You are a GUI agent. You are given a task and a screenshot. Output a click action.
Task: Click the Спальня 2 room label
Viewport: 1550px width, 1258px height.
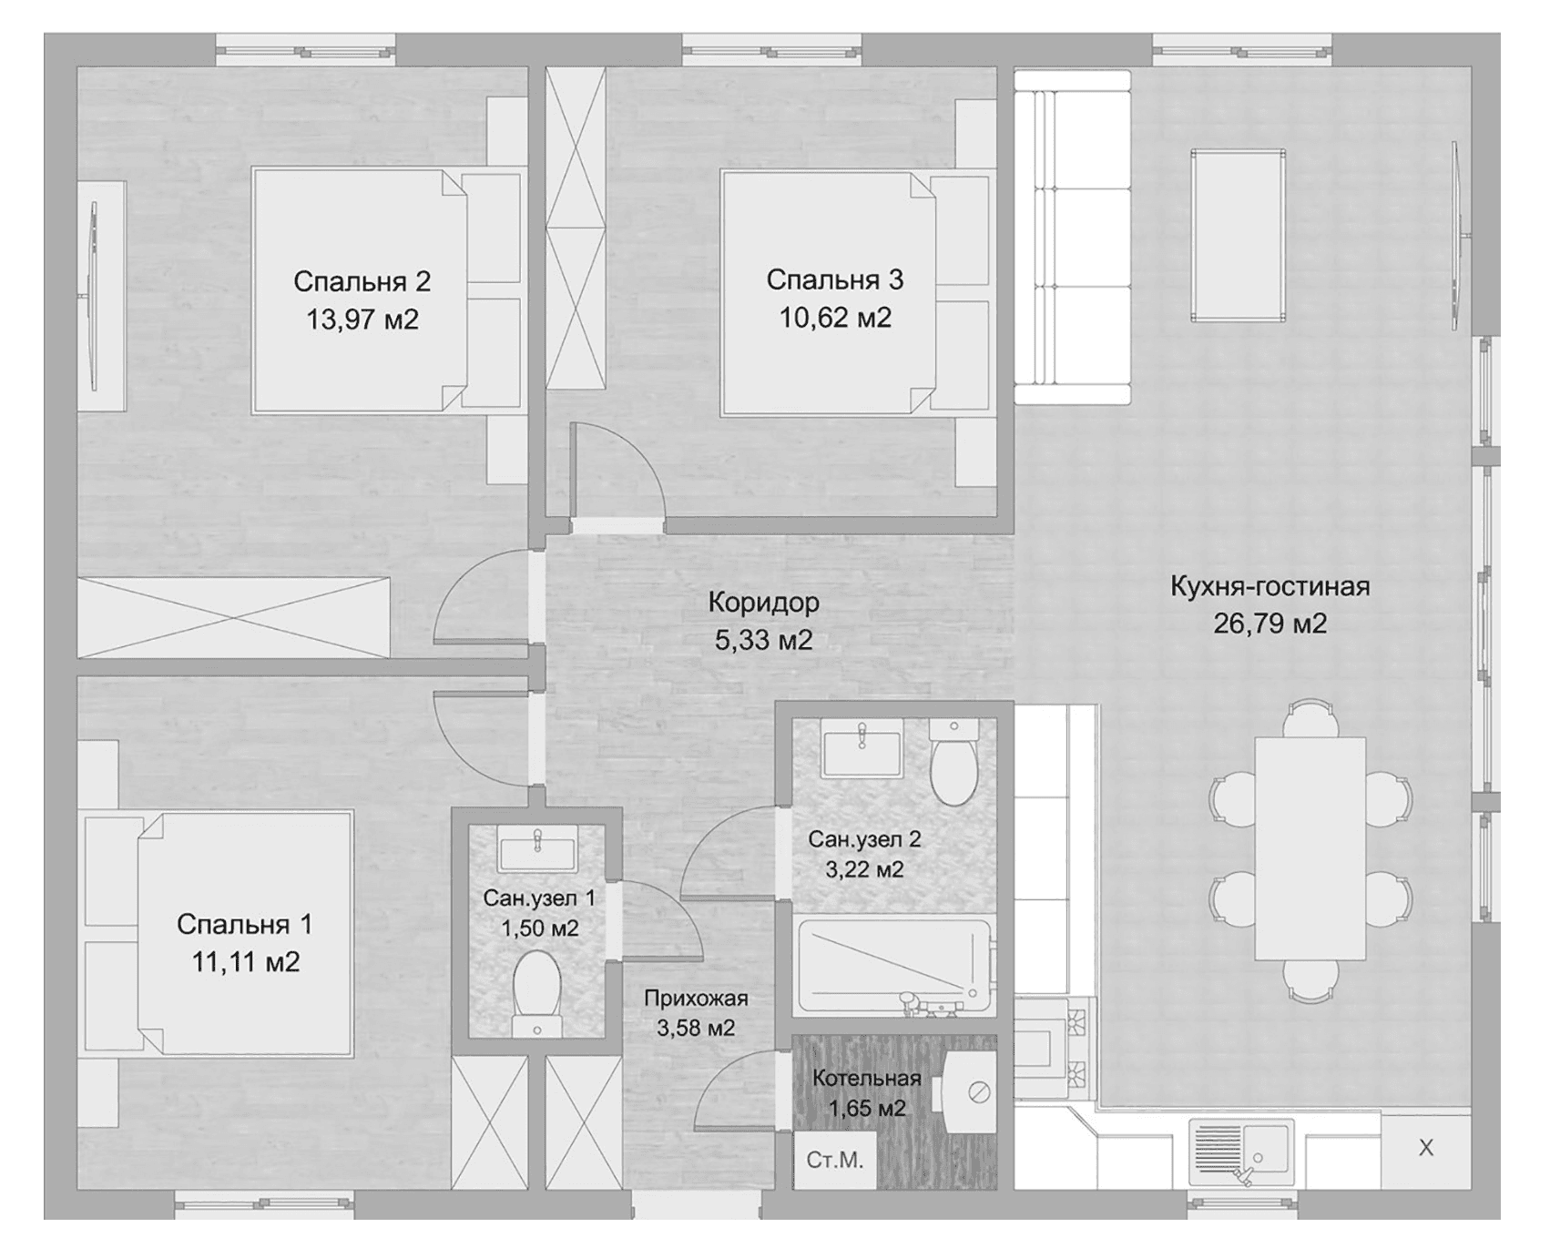[362, 281]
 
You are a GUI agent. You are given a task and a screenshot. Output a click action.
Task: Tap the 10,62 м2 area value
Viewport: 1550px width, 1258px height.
[835, 318]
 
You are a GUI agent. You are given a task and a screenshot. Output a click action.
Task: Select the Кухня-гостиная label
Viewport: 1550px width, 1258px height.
[1270, 586]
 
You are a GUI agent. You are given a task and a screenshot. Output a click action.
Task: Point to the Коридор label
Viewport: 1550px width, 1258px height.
[763, 603]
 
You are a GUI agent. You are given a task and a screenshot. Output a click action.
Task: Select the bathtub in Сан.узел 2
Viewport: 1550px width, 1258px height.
[892, 967]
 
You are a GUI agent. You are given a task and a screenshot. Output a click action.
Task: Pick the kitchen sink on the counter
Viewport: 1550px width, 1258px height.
[1240, 1152]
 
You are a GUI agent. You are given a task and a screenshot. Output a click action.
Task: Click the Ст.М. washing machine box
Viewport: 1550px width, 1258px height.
[834, 1161]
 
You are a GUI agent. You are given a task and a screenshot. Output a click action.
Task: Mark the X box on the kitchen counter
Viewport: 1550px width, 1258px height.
[1426, 1149]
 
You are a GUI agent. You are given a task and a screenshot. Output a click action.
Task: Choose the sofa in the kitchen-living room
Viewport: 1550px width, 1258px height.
[1073, 237]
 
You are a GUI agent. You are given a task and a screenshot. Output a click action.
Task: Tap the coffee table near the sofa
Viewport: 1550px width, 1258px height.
[1239, 236]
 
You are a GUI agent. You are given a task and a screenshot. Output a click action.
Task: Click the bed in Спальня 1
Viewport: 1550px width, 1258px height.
[219, 934]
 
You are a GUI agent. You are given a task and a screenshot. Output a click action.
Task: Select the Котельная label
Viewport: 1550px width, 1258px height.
[867, 1079]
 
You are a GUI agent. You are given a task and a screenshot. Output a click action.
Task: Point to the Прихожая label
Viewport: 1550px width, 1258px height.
[696, 999]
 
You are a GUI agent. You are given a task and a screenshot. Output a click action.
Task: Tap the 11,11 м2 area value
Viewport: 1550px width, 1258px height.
[246, 962]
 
